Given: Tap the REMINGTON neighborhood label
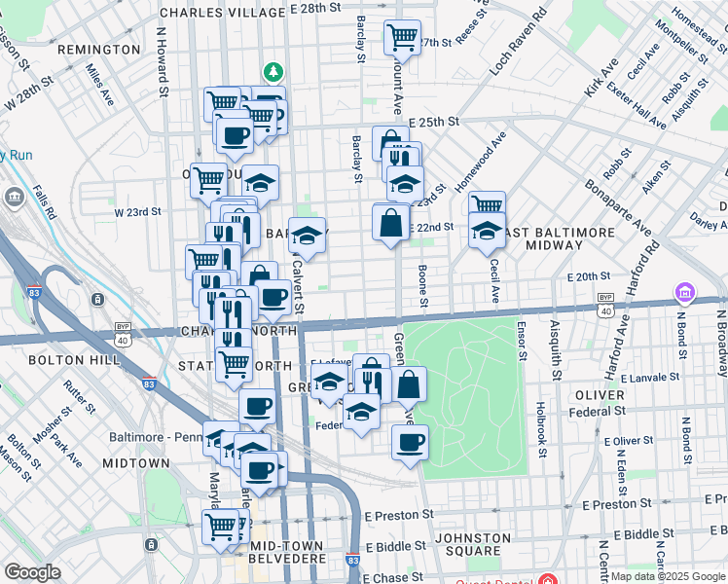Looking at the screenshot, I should click(x=98, y=50).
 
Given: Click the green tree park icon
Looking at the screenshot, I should click(x=274, y=71).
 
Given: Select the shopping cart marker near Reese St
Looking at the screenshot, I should click(x=402, y=38).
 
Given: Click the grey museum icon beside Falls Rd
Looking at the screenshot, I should click(x=16, y=197).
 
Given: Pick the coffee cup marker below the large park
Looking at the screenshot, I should click(x=410, y=443).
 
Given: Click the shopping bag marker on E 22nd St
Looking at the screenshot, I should click(x=390, y=222).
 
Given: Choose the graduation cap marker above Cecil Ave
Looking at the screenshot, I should click(x=487, y=231).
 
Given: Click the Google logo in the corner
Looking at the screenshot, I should click(x=32, y=572).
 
